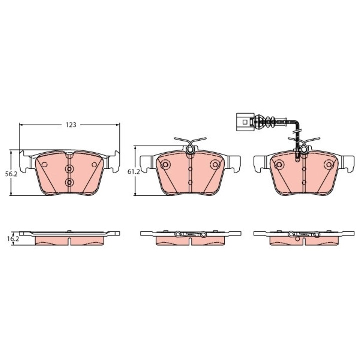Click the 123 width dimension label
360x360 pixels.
pos(71,125)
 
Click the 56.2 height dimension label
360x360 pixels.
pos(11,174)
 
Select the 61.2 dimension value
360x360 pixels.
pos(134,172)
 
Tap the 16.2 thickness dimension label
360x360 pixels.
pos(12,239)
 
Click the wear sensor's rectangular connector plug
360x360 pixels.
pos(245,122)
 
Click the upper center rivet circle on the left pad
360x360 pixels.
pos(70,169)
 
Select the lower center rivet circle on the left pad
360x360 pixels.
pos(70,183)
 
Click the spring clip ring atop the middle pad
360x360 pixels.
pos(190,150)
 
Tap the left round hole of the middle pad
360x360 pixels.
pos(165,164)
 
